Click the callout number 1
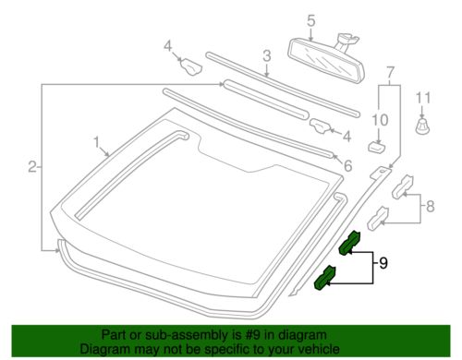coord(95,142)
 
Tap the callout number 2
coord(32,167)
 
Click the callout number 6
coord(347,166)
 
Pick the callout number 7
coord(389,71)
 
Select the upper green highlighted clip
coord(351,243)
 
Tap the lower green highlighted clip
coord(327,278)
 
